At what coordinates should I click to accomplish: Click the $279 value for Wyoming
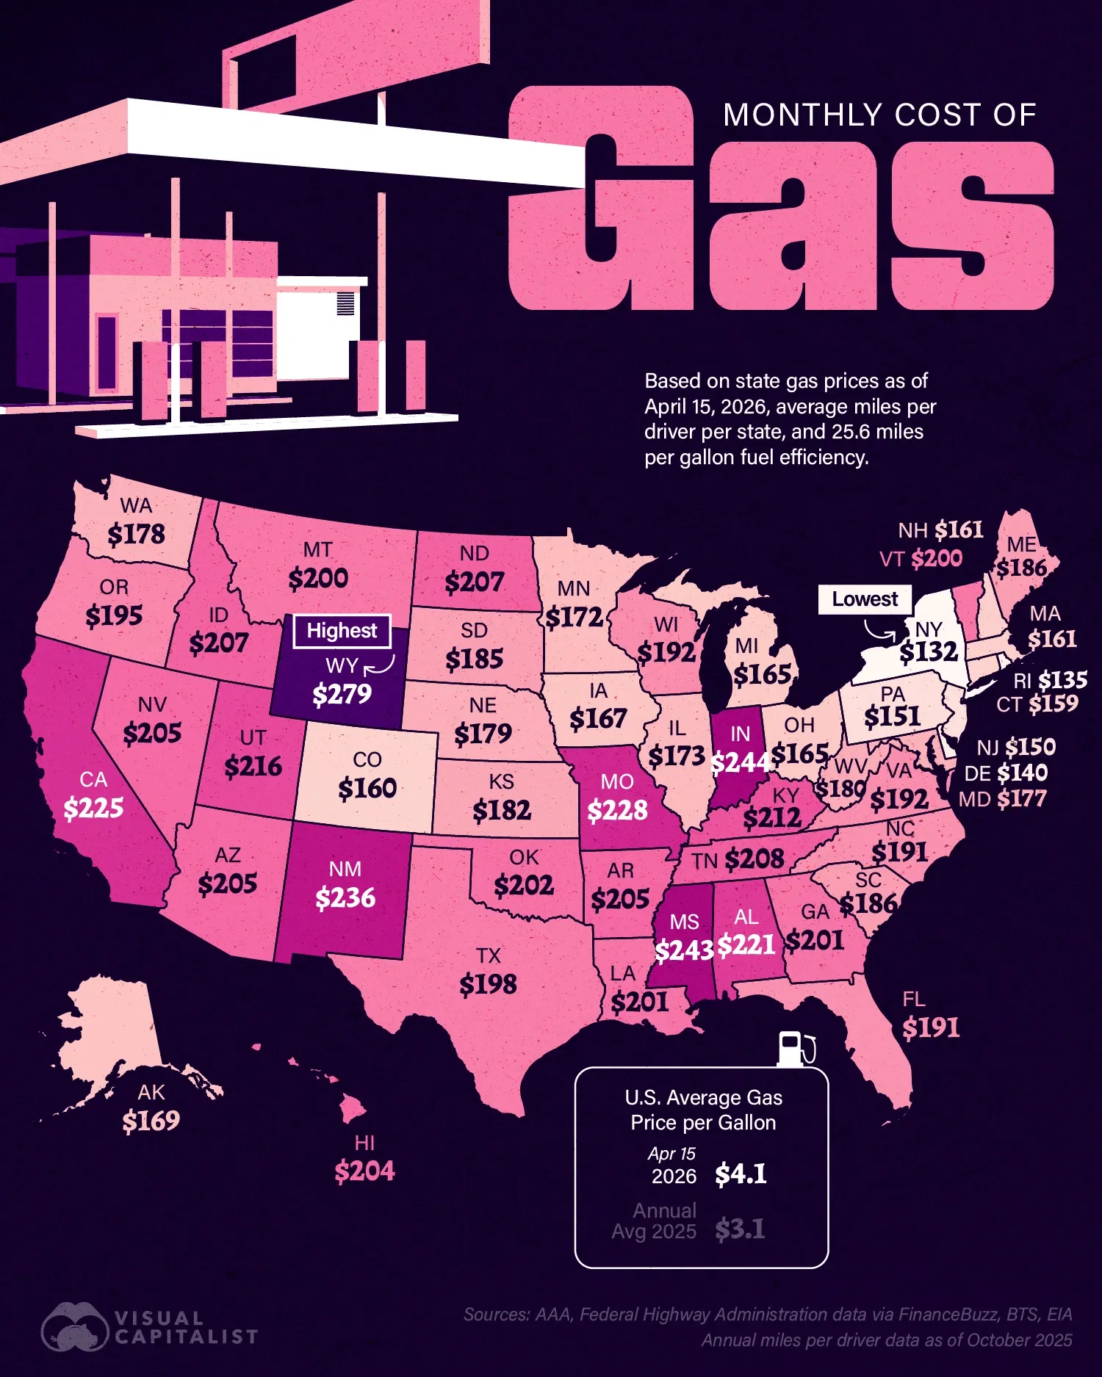pyautogui.click(x=342, y=694)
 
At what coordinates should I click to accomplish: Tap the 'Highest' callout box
pyautogui.click(x=342, y=631)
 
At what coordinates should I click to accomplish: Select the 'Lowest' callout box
pyautogui.click(x=865, y=599)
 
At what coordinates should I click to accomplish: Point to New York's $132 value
pyautogui.click(x=929, y=651)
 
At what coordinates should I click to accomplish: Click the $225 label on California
pyautogui.click(x=93, y=808)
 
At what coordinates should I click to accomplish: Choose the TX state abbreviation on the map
pyautogui.click(x=488, y=955)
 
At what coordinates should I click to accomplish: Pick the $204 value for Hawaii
pyautogui.click(x=364, y=1171)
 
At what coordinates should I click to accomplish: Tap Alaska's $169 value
pyautogui.click(x=151, y=1121)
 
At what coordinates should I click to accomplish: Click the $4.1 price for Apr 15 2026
pyautogui.click(x=741, y=1174)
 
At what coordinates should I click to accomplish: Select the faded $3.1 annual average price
pyautogui.click(x=740, y=1229)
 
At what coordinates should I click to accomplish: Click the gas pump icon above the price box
pyautogui.click(x=796, y=1048)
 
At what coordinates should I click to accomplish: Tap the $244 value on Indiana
pyautogui.click(x=740, y=763)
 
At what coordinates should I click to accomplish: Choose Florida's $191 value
pyautogui.click(x=931, y=1027)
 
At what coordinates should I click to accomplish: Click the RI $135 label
pyautogui.click(x=1051, y=680)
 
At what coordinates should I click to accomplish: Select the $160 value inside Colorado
pyautogui.click(x=367, y=789)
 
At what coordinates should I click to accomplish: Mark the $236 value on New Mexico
pyautogui.click(x=345, y=897)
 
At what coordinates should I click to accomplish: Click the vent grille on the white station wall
pyautogui.click(x=345, y=303)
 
